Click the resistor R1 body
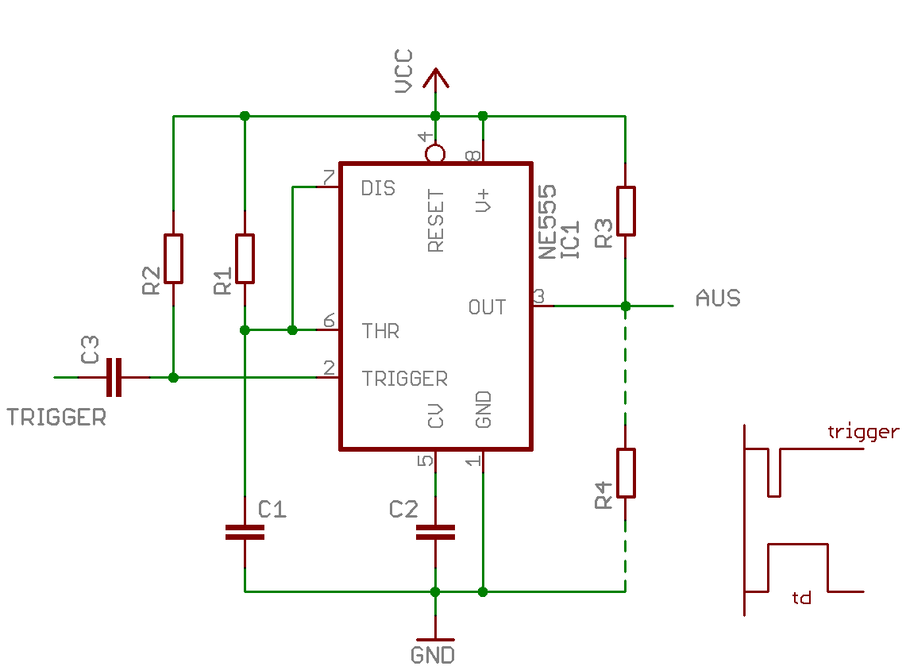(245, 259)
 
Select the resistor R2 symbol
(173, 259)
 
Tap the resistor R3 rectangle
(626, 211)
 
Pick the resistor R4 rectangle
(626, 473)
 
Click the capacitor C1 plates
(245, 533)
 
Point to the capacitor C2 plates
(435, 533)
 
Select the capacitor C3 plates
(114, 377)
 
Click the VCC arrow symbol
(435, 79)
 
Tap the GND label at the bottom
(433, 656)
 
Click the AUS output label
(718, 298)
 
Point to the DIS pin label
(378, 188)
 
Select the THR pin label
(380, 331)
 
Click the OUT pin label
(487, 307)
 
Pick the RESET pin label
(436, 221)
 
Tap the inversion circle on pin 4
(435, 154)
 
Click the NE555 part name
(547, 221)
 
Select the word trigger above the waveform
(863, 432)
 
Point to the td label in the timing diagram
(801, 597)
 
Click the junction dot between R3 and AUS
(626, 306)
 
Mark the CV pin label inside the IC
(436, 416)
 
